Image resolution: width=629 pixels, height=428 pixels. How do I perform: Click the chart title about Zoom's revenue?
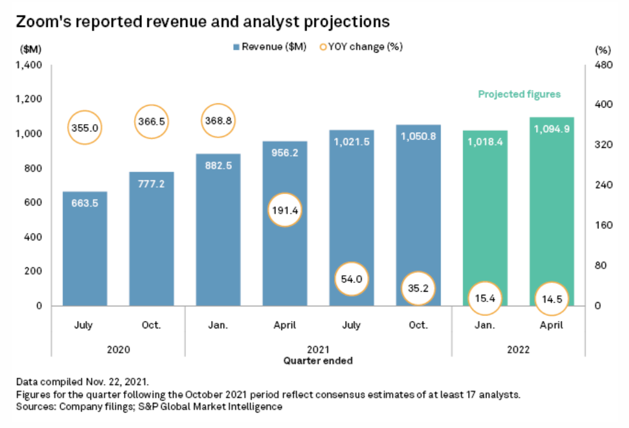(x=203, y=21)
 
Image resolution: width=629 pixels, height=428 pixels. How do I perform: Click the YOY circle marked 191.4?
(x=285, y=210)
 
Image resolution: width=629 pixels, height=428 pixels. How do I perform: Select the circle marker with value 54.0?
(x=351, y=278)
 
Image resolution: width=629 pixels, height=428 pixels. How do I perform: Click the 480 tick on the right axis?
(x=603, y=65)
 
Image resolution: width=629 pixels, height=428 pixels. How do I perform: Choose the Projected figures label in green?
(x=519, y=94)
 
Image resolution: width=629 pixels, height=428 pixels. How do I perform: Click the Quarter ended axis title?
(x=318, y=361)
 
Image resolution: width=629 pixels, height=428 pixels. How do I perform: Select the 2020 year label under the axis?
(x=117, y=350)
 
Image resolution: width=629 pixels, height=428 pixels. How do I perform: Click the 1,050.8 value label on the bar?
(x=418, y=136)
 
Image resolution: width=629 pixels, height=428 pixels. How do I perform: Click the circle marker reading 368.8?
(x=218, y=121)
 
